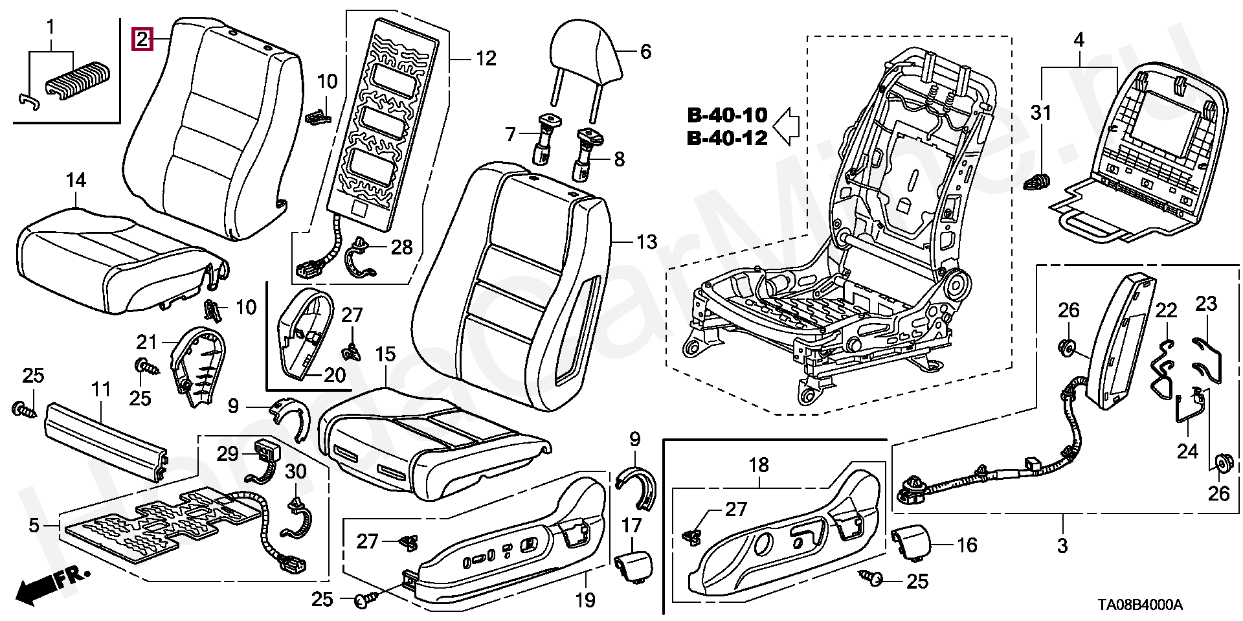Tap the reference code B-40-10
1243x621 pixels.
pyautogui.click(x=726, y=116)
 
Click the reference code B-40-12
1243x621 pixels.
pyautogui.click(x=726, y=138)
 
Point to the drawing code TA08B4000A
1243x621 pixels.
pyautogui.click(x=1139, y=605)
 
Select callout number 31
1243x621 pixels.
pyautogui.click(x=1041, y=113)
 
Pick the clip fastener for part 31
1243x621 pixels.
pyautogui.click(x=1038, y=183)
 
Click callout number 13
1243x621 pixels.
pyautogui.click(x=645, y=242)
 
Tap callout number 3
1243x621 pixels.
pyautogui.click(x=1062, y=545)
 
